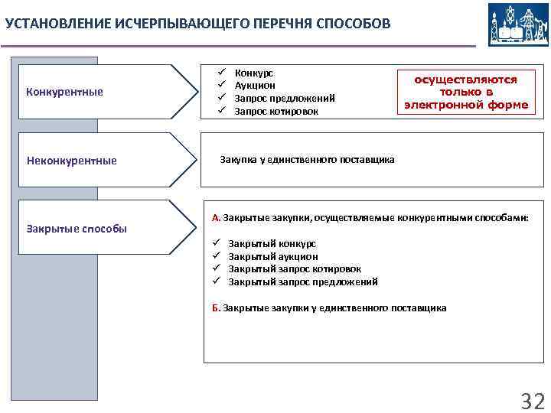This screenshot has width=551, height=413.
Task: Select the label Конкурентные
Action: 64,93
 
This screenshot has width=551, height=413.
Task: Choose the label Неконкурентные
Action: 72,160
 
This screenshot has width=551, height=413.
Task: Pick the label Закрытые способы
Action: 77,229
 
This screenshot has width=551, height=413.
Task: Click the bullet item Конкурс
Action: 253,73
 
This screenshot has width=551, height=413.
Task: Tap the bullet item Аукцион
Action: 255,86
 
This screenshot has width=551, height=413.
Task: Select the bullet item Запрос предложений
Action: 285,99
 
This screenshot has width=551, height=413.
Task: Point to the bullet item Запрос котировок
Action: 276,112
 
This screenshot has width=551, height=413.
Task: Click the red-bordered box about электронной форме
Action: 466,93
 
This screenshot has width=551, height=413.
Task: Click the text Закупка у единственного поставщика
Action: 308,160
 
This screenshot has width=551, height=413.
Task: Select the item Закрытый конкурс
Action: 272,244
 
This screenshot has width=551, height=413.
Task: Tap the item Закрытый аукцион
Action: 273,257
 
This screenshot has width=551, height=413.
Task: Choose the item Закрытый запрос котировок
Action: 295,269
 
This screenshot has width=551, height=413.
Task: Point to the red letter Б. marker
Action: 216,308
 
